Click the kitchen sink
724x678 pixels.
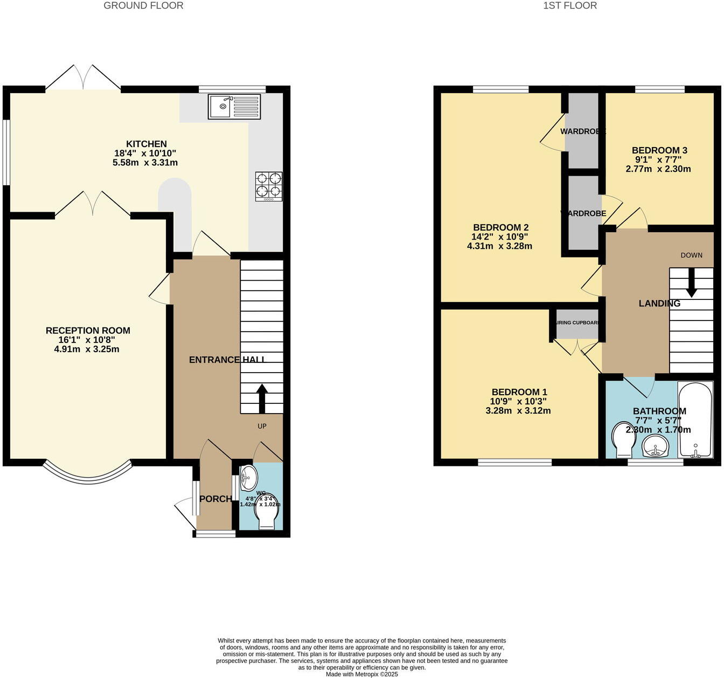tap(234, 107)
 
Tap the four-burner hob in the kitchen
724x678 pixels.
tap(268, 186)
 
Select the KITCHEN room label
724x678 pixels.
tap(147, 144)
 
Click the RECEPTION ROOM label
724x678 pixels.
tap(88, 331)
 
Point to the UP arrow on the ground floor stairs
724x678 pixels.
tap(262, 397)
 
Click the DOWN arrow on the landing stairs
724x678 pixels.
tap(691, 282)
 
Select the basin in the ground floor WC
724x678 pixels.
tap(248, 477)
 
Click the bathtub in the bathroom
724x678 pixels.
tap(695, 420)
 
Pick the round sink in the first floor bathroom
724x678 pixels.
tap(655, 446)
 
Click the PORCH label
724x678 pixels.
tap(215, 499)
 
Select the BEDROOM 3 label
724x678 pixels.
tap(659, 150)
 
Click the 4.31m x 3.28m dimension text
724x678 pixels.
tap(499, 246)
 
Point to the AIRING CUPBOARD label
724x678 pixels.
tap(577, 323)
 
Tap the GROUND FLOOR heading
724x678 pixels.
tap(143, 6)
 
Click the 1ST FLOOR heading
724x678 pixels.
tap(570, 6)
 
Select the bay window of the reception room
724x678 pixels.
tap(88, 473)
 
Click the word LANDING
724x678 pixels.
tap(659, 304)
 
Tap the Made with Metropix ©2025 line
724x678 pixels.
tap(361, 674)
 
